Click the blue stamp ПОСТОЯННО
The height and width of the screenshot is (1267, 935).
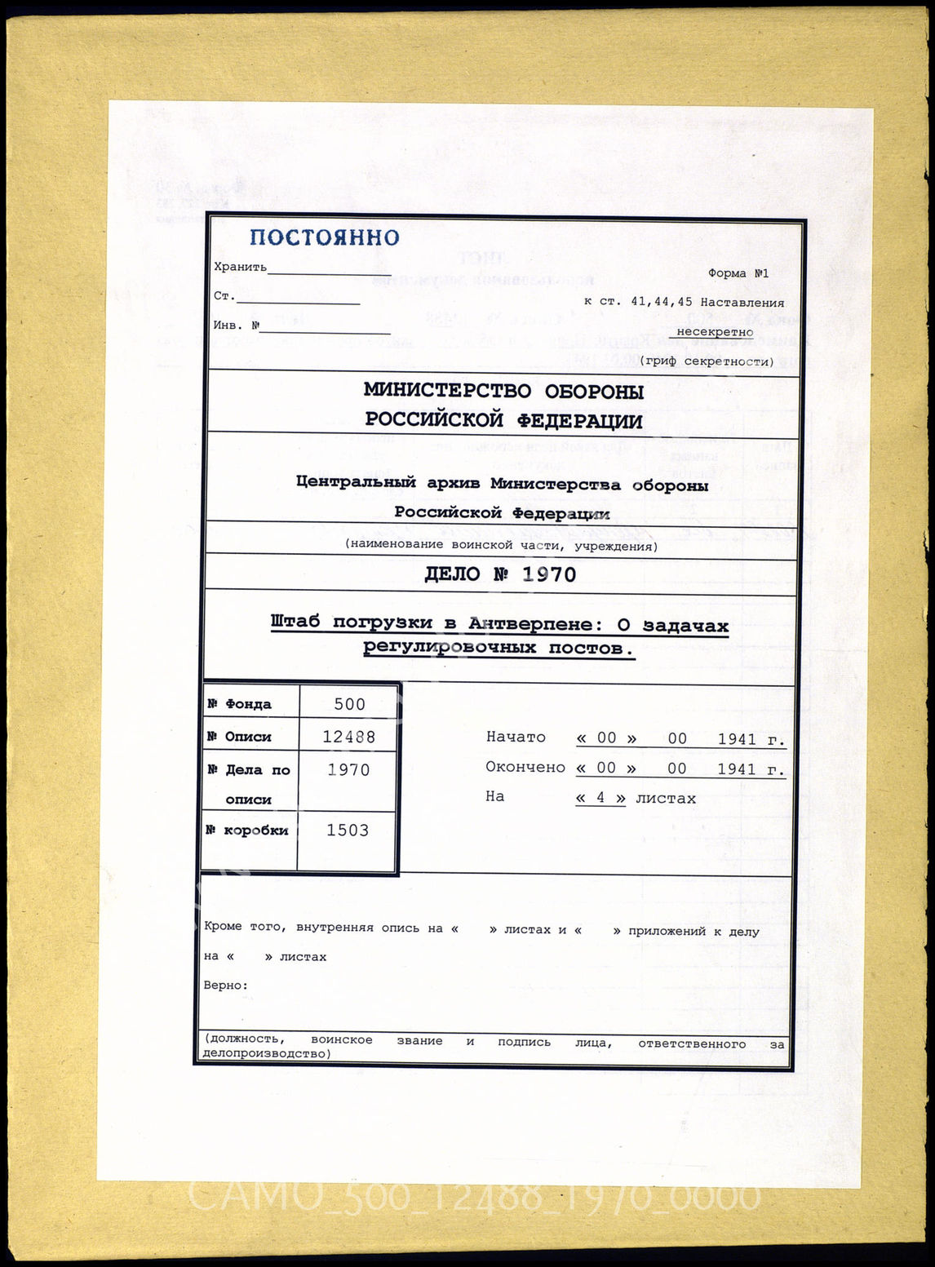point(324,237)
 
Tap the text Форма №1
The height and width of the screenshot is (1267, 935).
point(738,273)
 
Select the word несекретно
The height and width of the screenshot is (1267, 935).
point(715,332)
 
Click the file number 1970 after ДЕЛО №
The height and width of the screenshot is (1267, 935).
point(549,574)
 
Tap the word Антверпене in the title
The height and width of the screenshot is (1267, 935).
point(530,624)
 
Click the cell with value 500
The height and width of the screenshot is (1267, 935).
point(349,704)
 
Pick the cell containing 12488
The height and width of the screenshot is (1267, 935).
point(349,737)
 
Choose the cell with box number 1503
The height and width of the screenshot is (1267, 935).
point(348,830)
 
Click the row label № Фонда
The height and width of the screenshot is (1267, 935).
point(239,704)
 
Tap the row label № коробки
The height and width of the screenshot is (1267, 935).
point(247,831)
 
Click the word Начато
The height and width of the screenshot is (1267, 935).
point(516,737)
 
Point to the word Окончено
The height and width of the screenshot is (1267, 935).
point(525,768)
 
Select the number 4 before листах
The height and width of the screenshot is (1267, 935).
point(600,798)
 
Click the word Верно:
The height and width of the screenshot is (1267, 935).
point(226,985)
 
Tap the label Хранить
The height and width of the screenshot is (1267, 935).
point(240,267)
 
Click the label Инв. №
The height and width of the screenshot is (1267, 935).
point(237,325)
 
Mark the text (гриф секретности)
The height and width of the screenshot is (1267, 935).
point(707,361)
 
